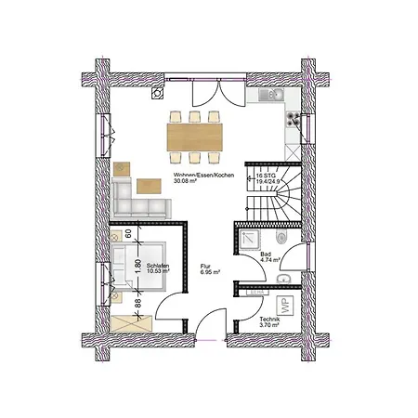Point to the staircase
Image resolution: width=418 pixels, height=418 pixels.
pos(269,201)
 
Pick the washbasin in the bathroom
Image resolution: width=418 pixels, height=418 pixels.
pos(289,278)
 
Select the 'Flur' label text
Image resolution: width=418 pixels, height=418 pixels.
pos(205,267)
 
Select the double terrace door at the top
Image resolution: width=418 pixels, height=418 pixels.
pos(212,94)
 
